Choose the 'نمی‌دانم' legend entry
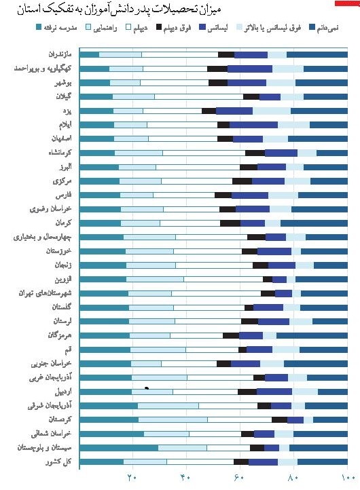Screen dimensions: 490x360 (328, 27)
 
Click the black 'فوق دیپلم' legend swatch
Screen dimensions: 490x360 (159, 27)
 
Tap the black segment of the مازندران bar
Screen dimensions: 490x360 (226, 54)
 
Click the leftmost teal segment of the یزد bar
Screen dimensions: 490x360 (96, 111)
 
